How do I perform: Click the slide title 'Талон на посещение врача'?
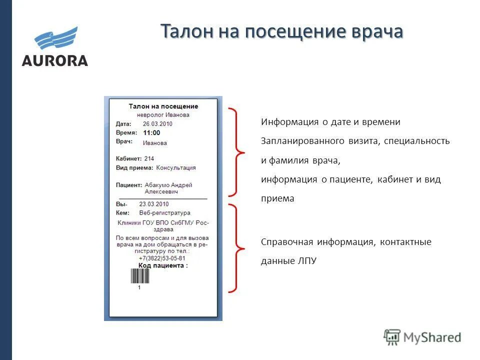[281, 31]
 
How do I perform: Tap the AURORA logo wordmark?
[54, 61]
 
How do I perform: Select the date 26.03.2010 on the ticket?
[157, 123]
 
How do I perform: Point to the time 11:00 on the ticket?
[151, 133]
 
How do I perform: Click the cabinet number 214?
[149, 158]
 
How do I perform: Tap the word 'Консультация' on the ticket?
[176, 168]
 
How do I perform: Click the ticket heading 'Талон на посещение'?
[163, 106]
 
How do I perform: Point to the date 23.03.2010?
[154, 204]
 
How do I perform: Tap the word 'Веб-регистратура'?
[164, 213]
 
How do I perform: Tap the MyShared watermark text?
[432, 337]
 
